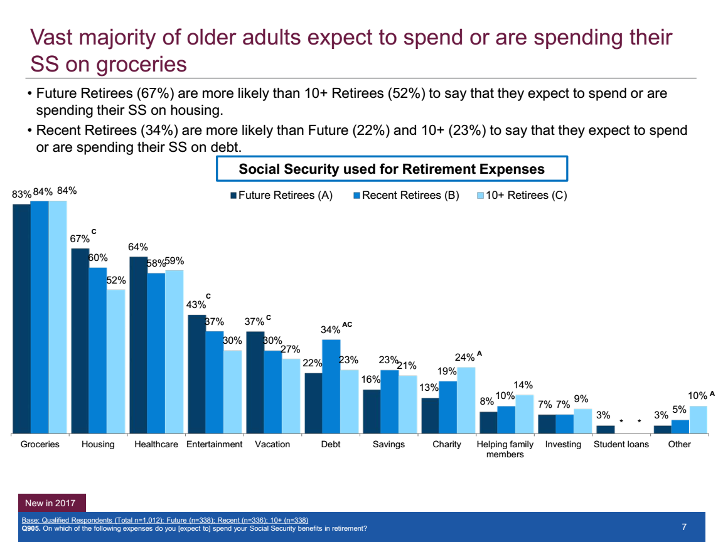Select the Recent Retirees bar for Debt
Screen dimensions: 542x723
pyautogui.click(x=331, y=386)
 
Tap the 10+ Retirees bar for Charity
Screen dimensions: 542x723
pyautogui.click(x=466, y=400)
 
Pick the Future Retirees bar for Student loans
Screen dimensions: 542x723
pyautogui.click(x=606, y=430)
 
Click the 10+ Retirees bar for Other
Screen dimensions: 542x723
pyautogui.click(x=698, y=420)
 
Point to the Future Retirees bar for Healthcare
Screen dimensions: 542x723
pyautogui.click(x=138, y=345)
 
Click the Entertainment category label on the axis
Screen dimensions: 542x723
pyautogui.click(x=214, y=444)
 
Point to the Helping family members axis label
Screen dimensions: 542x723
pyautogui.click(x=505, y=449)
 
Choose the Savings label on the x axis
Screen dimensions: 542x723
pyautogui.click(x=389, y=444)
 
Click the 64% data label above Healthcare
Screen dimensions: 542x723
pyautogui.click(x=138, y=247)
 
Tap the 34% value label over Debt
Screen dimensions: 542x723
pyautogui.click(x=330, y=329)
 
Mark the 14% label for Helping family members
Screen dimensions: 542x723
pyautogui.click(x=523, y=385)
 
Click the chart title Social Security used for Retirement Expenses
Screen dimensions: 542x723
pyautogui.click(x=392, y=169)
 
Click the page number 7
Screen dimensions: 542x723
pyautogui.click(x=685, y=527)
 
